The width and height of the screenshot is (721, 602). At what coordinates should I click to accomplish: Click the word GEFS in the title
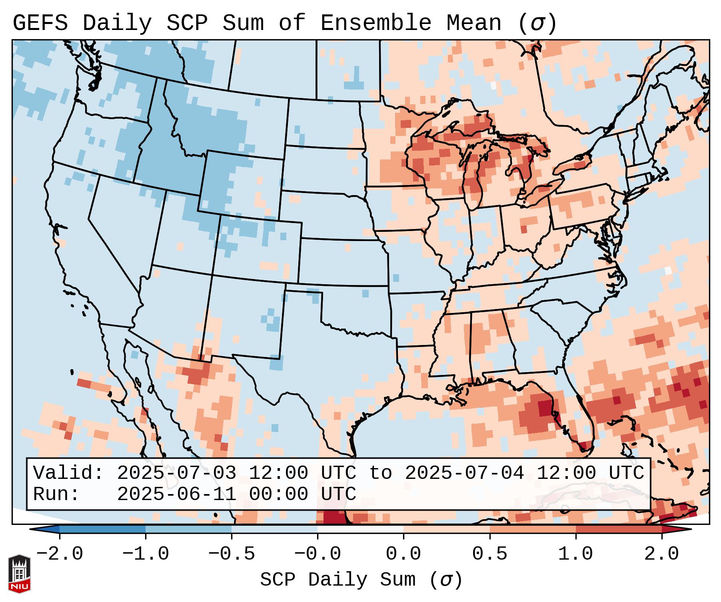click(40, 23)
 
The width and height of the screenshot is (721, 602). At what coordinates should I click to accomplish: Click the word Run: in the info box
click(56, 494)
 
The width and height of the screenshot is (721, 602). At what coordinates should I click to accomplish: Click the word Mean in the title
click(473, 23)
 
